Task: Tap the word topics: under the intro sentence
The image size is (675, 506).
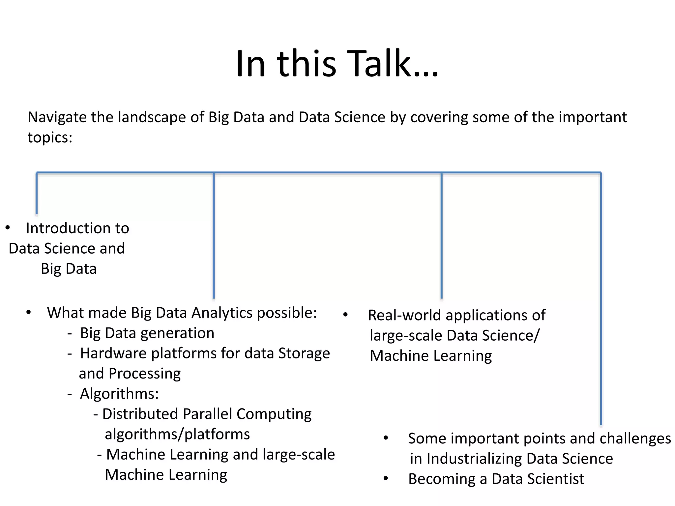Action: (50, 137)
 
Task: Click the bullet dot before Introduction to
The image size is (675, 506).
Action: (8, 228)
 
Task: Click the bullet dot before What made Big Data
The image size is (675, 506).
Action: (29, 312)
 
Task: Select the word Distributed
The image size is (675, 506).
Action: (140, 414)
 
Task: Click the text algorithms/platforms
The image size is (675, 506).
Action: (177, 434)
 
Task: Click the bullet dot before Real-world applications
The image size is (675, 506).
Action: (345, 315)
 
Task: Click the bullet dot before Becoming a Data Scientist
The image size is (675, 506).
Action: (386, 478)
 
